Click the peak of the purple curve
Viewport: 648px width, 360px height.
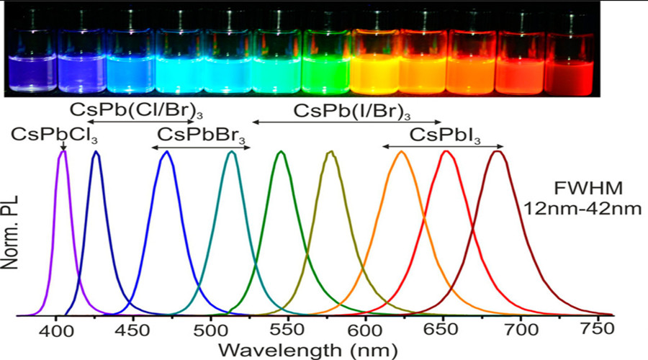click(x=63, y=152)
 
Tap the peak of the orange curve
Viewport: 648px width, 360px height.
click(x=401, y=152)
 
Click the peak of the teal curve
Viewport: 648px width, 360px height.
click(x=231, y=152)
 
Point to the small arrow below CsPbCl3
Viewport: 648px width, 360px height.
click(x=63, y=146)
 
